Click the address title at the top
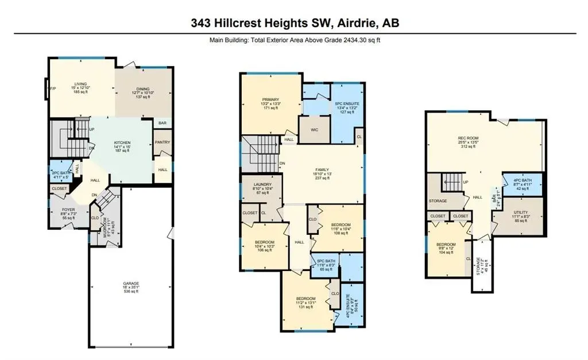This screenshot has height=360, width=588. [295, 23]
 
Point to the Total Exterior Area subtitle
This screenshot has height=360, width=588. [293, 41]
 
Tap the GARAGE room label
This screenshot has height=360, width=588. [130, 287]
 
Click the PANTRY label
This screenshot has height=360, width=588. [163, 142]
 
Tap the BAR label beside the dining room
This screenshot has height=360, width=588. [163, 123]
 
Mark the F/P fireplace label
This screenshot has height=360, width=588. [53, 89]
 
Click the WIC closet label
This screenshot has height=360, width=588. [315, 130]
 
